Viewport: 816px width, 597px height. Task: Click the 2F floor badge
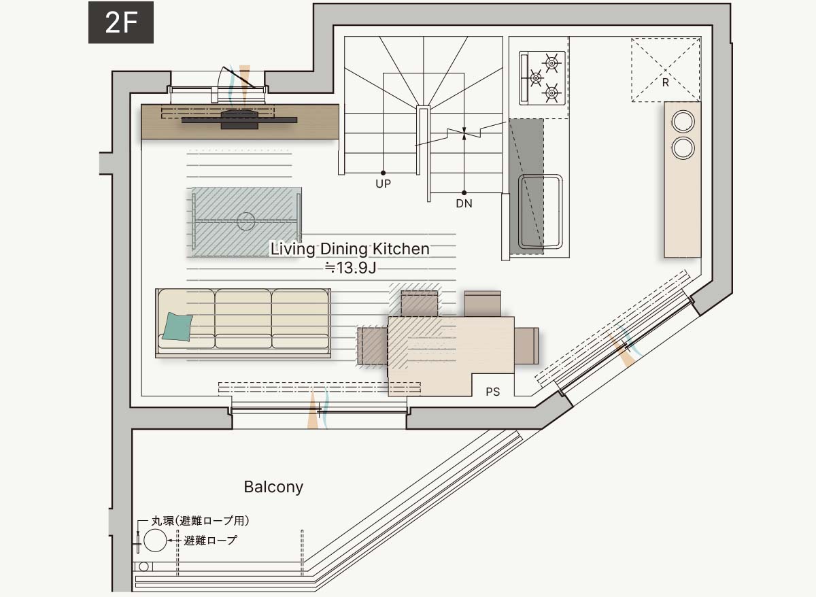point(121,22)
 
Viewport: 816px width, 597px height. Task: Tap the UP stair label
point(383,184)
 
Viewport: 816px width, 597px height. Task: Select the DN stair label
point(464,203)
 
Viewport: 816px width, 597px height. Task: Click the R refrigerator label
point(665,83)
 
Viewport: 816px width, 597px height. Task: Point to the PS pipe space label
point(492,392)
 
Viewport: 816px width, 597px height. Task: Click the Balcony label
point(273,488)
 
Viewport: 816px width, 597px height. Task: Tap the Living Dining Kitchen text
point(350,249)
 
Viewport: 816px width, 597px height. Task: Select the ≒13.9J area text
point(350,268)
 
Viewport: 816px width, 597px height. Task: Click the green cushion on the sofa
point(177,327)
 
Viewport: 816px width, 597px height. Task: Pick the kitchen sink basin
point(540,212)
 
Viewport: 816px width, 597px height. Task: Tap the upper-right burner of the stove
point(551,63)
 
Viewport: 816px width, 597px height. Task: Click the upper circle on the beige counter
point(683,121)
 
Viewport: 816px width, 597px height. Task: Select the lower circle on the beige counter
point(683,148)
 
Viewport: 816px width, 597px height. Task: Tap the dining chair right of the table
point(526,345)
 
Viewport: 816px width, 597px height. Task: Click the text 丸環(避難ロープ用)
point(201,521)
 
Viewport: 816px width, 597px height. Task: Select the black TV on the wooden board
point(239,120)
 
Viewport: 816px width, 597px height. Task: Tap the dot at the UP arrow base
point(383,173)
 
